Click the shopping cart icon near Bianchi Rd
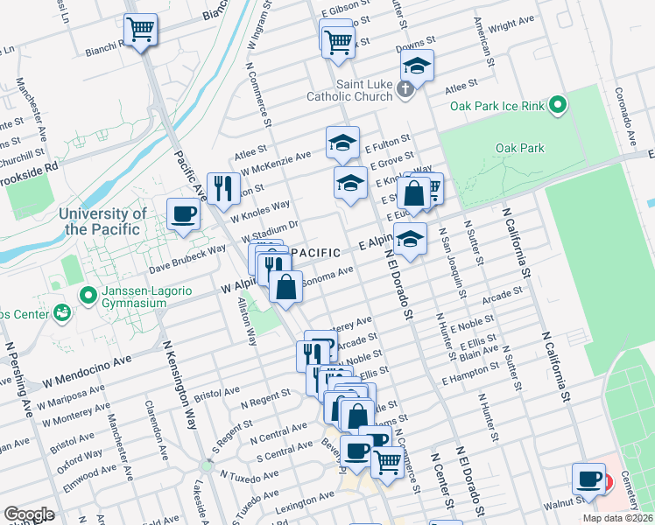[x=141, y=31]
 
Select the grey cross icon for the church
[x=405, y=88]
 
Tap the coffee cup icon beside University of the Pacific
[x=184, y=214]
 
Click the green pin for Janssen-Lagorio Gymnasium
[x=87, y=296]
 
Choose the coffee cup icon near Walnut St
[x=588, y=479]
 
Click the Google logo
[x=29, y=514]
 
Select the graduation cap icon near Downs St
[x=418, y=66]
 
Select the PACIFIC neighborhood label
[x=314, y=253]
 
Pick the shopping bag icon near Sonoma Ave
[x=286, y=285]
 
